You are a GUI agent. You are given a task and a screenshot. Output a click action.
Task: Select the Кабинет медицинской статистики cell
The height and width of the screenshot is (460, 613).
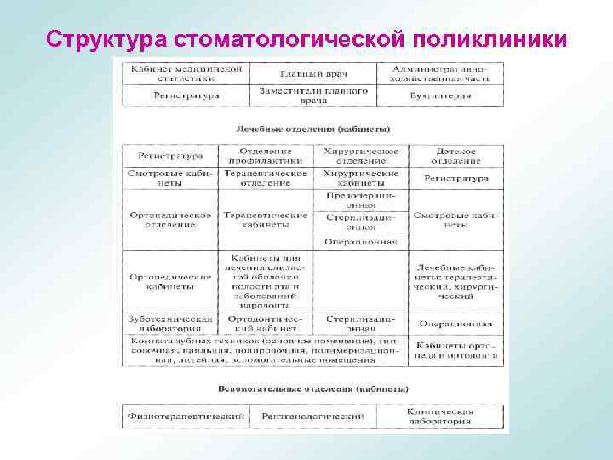186,73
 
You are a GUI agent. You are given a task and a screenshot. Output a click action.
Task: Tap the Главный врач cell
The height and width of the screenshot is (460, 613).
312,73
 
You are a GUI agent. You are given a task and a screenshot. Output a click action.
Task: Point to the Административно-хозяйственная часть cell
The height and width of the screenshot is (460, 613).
439,73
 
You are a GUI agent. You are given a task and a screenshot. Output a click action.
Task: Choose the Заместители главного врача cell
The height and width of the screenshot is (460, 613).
312,95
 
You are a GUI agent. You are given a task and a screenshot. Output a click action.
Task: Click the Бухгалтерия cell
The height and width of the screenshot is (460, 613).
439,95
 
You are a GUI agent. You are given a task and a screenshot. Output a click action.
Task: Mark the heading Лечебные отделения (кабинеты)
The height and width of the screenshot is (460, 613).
312,129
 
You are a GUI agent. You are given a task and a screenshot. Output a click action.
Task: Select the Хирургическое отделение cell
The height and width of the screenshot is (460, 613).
360,156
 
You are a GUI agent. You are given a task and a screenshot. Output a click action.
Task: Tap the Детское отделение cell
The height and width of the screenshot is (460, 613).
455,156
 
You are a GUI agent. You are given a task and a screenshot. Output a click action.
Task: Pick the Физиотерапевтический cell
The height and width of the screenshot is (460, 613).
186,416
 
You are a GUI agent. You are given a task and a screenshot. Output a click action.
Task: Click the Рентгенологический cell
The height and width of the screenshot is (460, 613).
312,416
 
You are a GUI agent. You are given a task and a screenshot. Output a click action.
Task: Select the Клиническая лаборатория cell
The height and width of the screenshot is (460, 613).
439,416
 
